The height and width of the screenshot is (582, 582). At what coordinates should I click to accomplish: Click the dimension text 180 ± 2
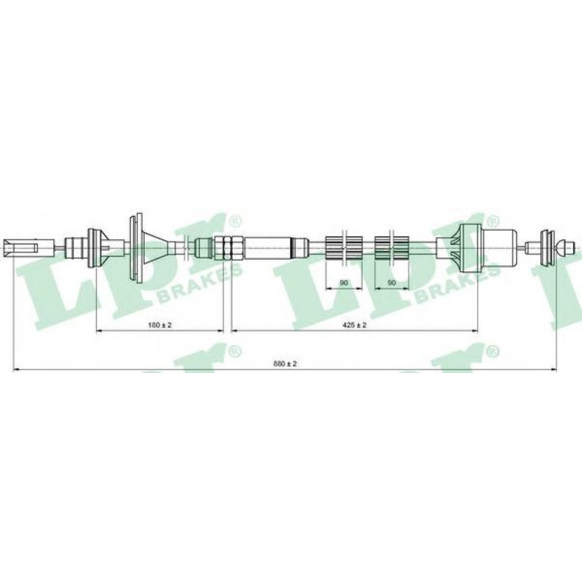160,325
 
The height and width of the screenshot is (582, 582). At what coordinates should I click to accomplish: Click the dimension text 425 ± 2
354,325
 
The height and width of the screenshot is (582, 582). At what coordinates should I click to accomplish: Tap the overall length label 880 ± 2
285,364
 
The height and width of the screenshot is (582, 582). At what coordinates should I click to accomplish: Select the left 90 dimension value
343,283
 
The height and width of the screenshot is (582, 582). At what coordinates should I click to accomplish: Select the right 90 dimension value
392,283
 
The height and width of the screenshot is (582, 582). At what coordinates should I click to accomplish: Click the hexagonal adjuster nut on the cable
228,247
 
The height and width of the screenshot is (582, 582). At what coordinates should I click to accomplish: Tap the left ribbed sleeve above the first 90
343,247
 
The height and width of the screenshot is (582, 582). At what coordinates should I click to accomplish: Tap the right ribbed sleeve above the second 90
392,247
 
